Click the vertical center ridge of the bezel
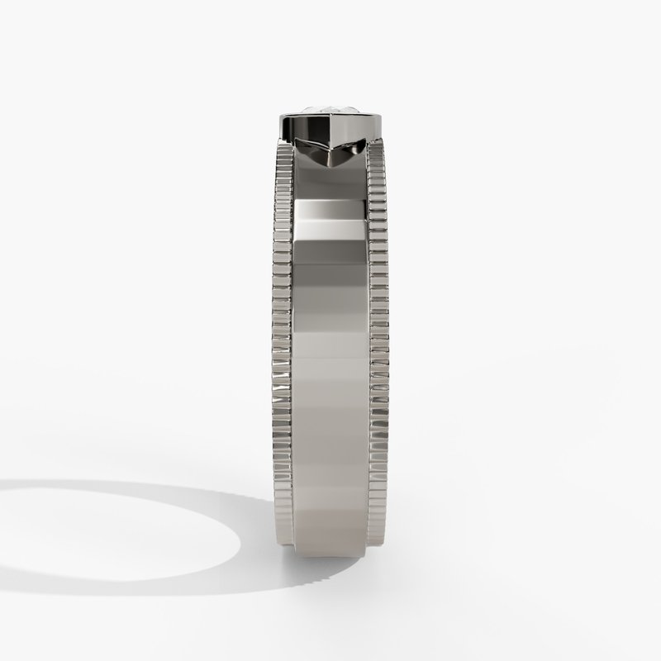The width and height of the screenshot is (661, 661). point(330,132)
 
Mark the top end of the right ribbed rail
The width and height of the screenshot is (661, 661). point(379,148)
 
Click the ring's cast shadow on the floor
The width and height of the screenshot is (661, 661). point(165,529)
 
